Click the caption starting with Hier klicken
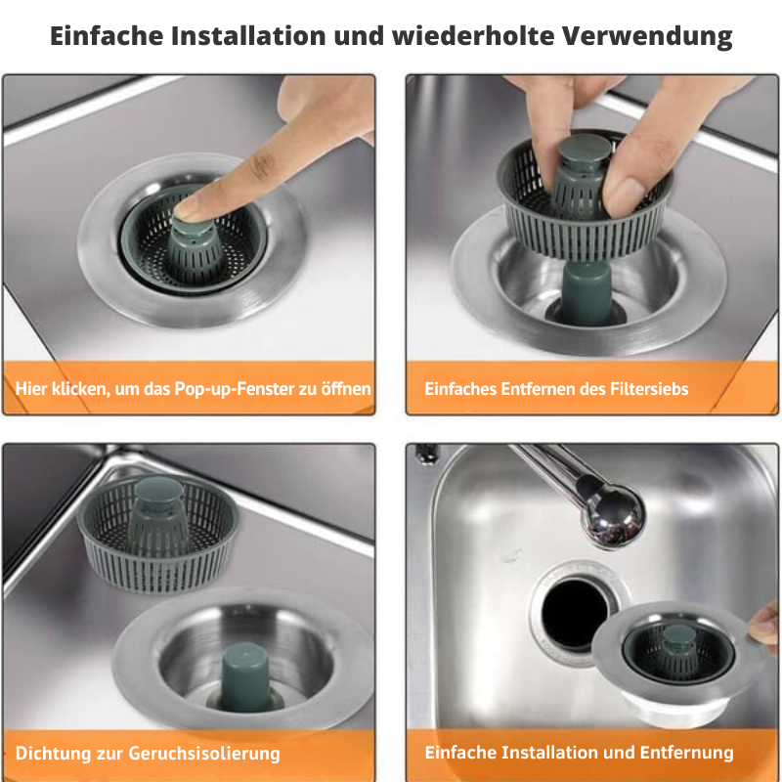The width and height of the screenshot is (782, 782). (x=193, y=388)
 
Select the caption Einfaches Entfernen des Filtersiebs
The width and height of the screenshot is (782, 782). (x=556, y=388)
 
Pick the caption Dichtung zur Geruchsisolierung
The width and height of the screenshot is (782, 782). (x=148, y=754)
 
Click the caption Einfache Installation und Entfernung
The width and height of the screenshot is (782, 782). (x=579, y=753)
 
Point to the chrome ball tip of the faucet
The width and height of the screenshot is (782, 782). (x=614, y=521)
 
